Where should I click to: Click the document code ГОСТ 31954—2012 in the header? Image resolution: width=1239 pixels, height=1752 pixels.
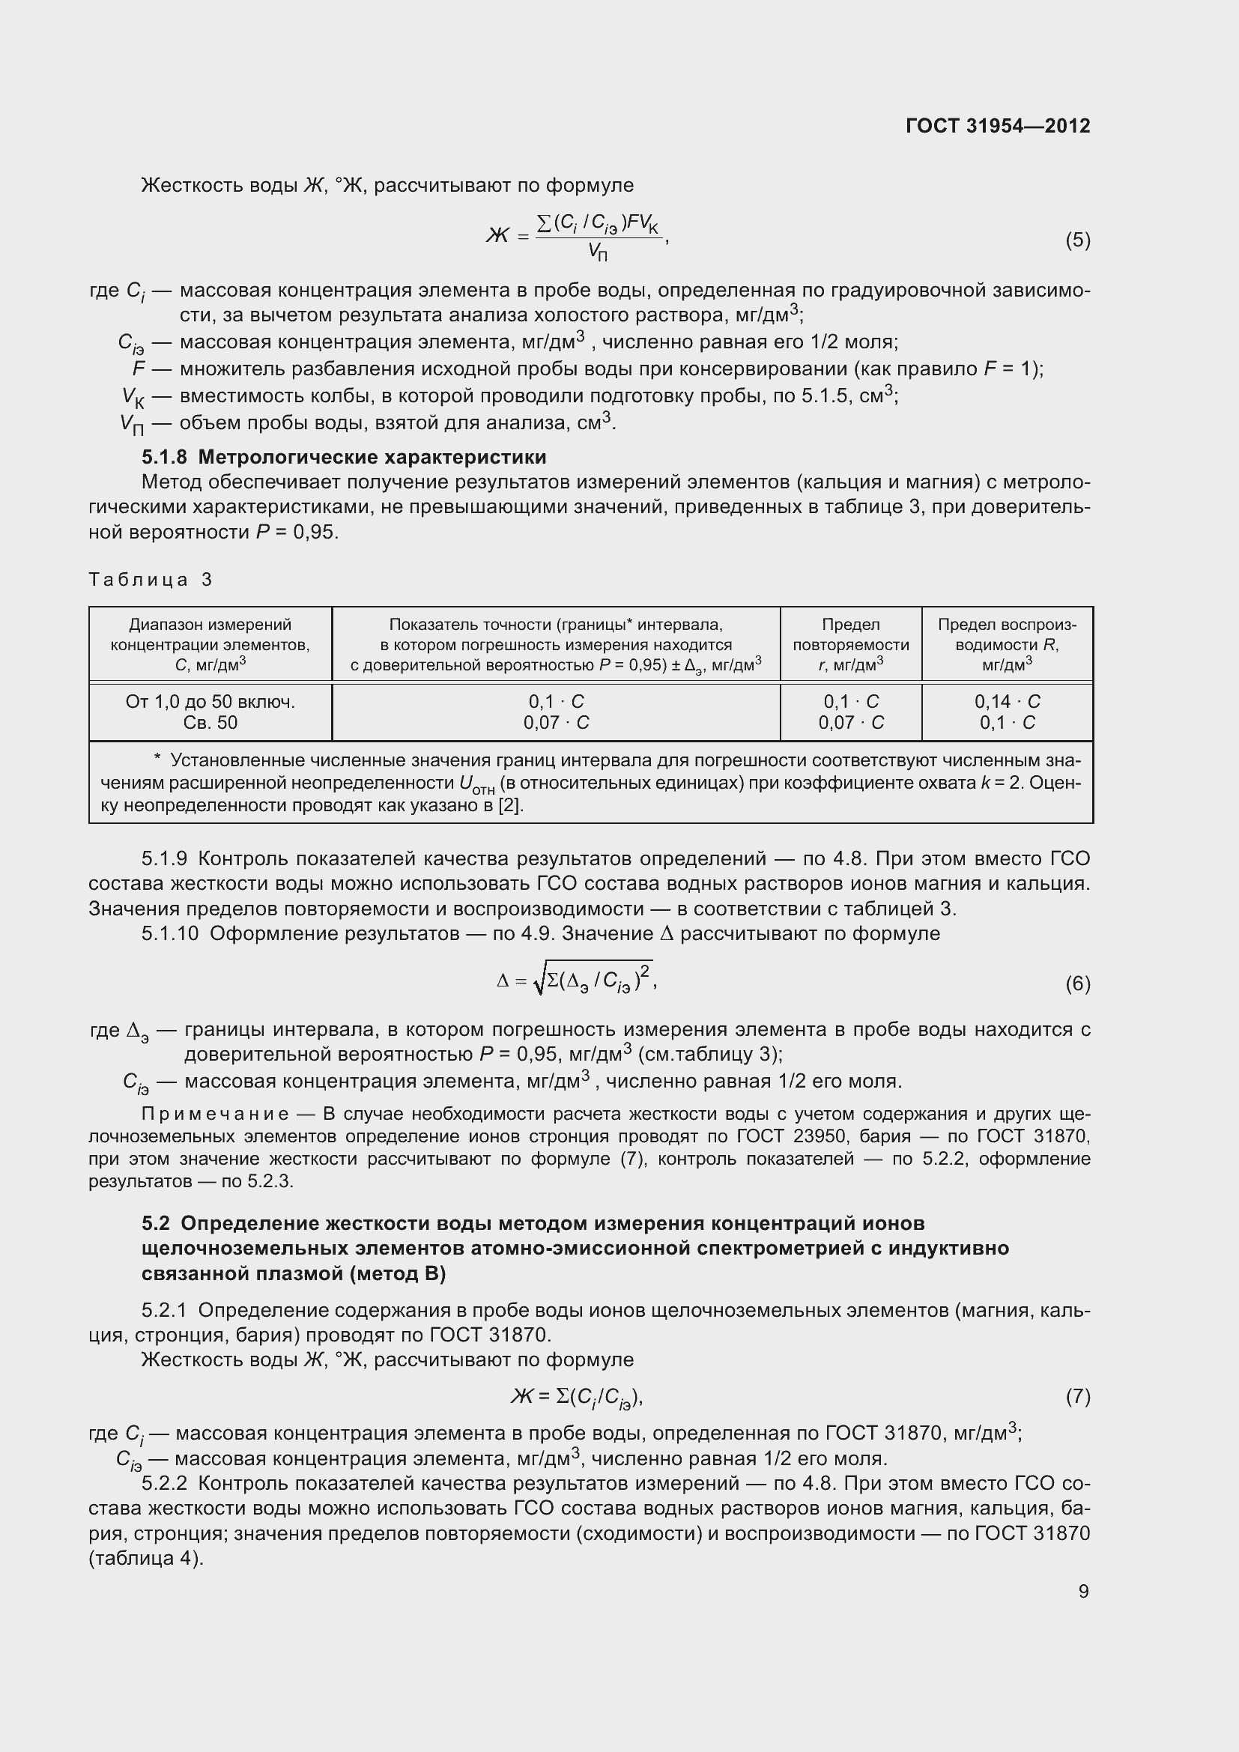(997, 126)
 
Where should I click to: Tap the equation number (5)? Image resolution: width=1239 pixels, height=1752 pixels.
(1077, 240)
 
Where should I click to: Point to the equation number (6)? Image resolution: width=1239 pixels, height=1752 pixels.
(1077, 983)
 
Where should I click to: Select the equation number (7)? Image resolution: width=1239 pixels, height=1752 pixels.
(1077, 1396)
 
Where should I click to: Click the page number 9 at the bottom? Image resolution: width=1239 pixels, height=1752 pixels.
(1083, 1591)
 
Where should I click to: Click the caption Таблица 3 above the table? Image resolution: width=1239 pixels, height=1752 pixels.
(151, 580)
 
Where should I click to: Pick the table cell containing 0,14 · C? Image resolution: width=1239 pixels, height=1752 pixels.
(1006, 701)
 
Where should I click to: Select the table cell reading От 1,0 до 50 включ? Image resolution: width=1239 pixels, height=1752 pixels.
(210, 701)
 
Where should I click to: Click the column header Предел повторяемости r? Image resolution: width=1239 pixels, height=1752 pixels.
(851, 645)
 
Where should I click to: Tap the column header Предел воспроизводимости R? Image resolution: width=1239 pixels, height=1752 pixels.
(1006, 645)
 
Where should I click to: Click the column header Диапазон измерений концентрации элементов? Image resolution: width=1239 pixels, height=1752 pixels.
(210, 645)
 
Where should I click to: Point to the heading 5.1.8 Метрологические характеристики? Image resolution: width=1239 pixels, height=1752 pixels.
(343, 457)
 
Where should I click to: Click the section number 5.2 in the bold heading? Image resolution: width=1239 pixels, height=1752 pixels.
(156, 1224)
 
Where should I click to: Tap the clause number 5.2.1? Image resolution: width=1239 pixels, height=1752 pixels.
(164, 1311)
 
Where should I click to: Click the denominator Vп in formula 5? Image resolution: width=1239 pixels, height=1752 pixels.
(597, 252)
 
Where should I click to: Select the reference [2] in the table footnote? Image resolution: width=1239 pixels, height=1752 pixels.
(510, 806)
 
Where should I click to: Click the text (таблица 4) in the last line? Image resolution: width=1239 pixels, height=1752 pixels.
(146, 1559)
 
